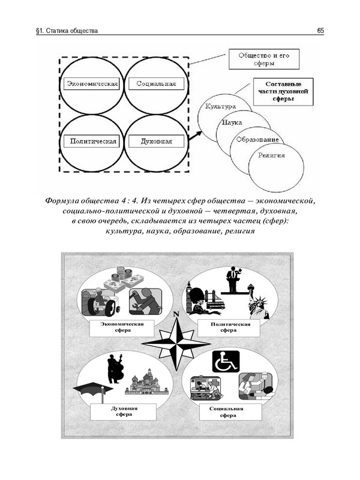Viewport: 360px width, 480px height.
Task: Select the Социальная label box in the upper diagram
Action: tap(156, 83)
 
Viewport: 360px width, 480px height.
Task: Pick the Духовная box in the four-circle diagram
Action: tap(156, 142)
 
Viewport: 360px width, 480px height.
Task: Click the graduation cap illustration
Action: tap(92, 390)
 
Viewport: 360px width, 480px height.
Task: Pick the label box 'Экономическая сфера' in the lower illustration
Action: tap(120, 328)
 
